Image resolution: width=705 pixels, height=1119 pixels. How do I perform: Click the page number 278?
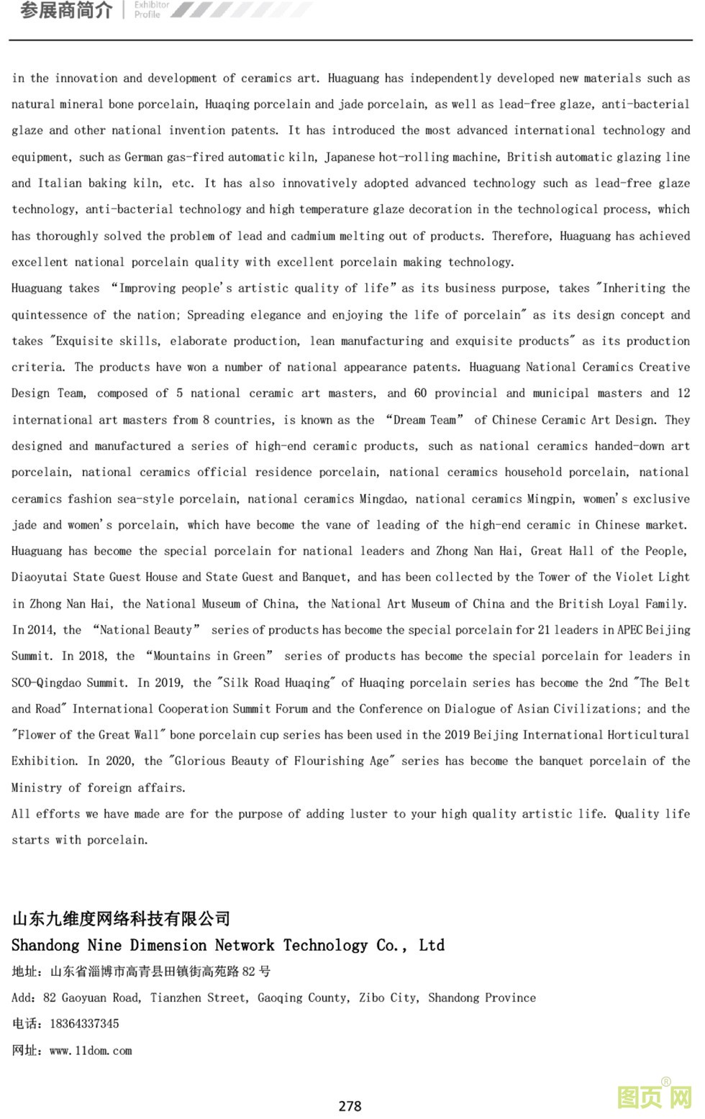pos(350,1105)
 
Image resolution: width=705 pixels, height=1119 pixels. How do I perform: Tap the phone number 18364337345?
pos(84,1023)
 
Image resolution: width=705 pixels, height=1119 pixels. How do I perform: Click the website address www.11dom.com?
pos(91,1050)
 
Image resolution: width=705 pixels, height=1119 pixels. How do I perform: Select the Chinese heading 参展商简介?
pos(66,10)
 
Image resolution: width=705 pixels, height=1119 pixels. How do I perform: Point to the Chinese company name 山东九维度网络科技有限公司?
pos(121,918)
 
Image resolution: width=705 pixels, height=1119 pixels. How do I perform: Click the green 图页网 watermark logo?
pos(654,1097)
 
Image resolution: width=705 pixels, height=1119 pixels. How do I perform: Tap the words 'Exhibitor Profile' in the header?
pos(151,9)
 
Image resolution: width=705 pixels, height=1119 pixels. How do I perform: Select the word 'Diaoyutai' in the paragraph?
pos(39,577)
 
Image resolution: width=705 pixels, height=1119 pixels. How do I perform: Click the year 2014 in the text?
pos(41,629)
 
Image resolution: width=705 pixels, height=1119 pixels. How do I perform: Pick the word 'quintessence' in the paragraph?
pos(48,314)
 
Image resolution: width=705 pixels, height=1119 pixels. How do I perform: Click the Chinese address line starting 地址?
pos(141,972)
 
